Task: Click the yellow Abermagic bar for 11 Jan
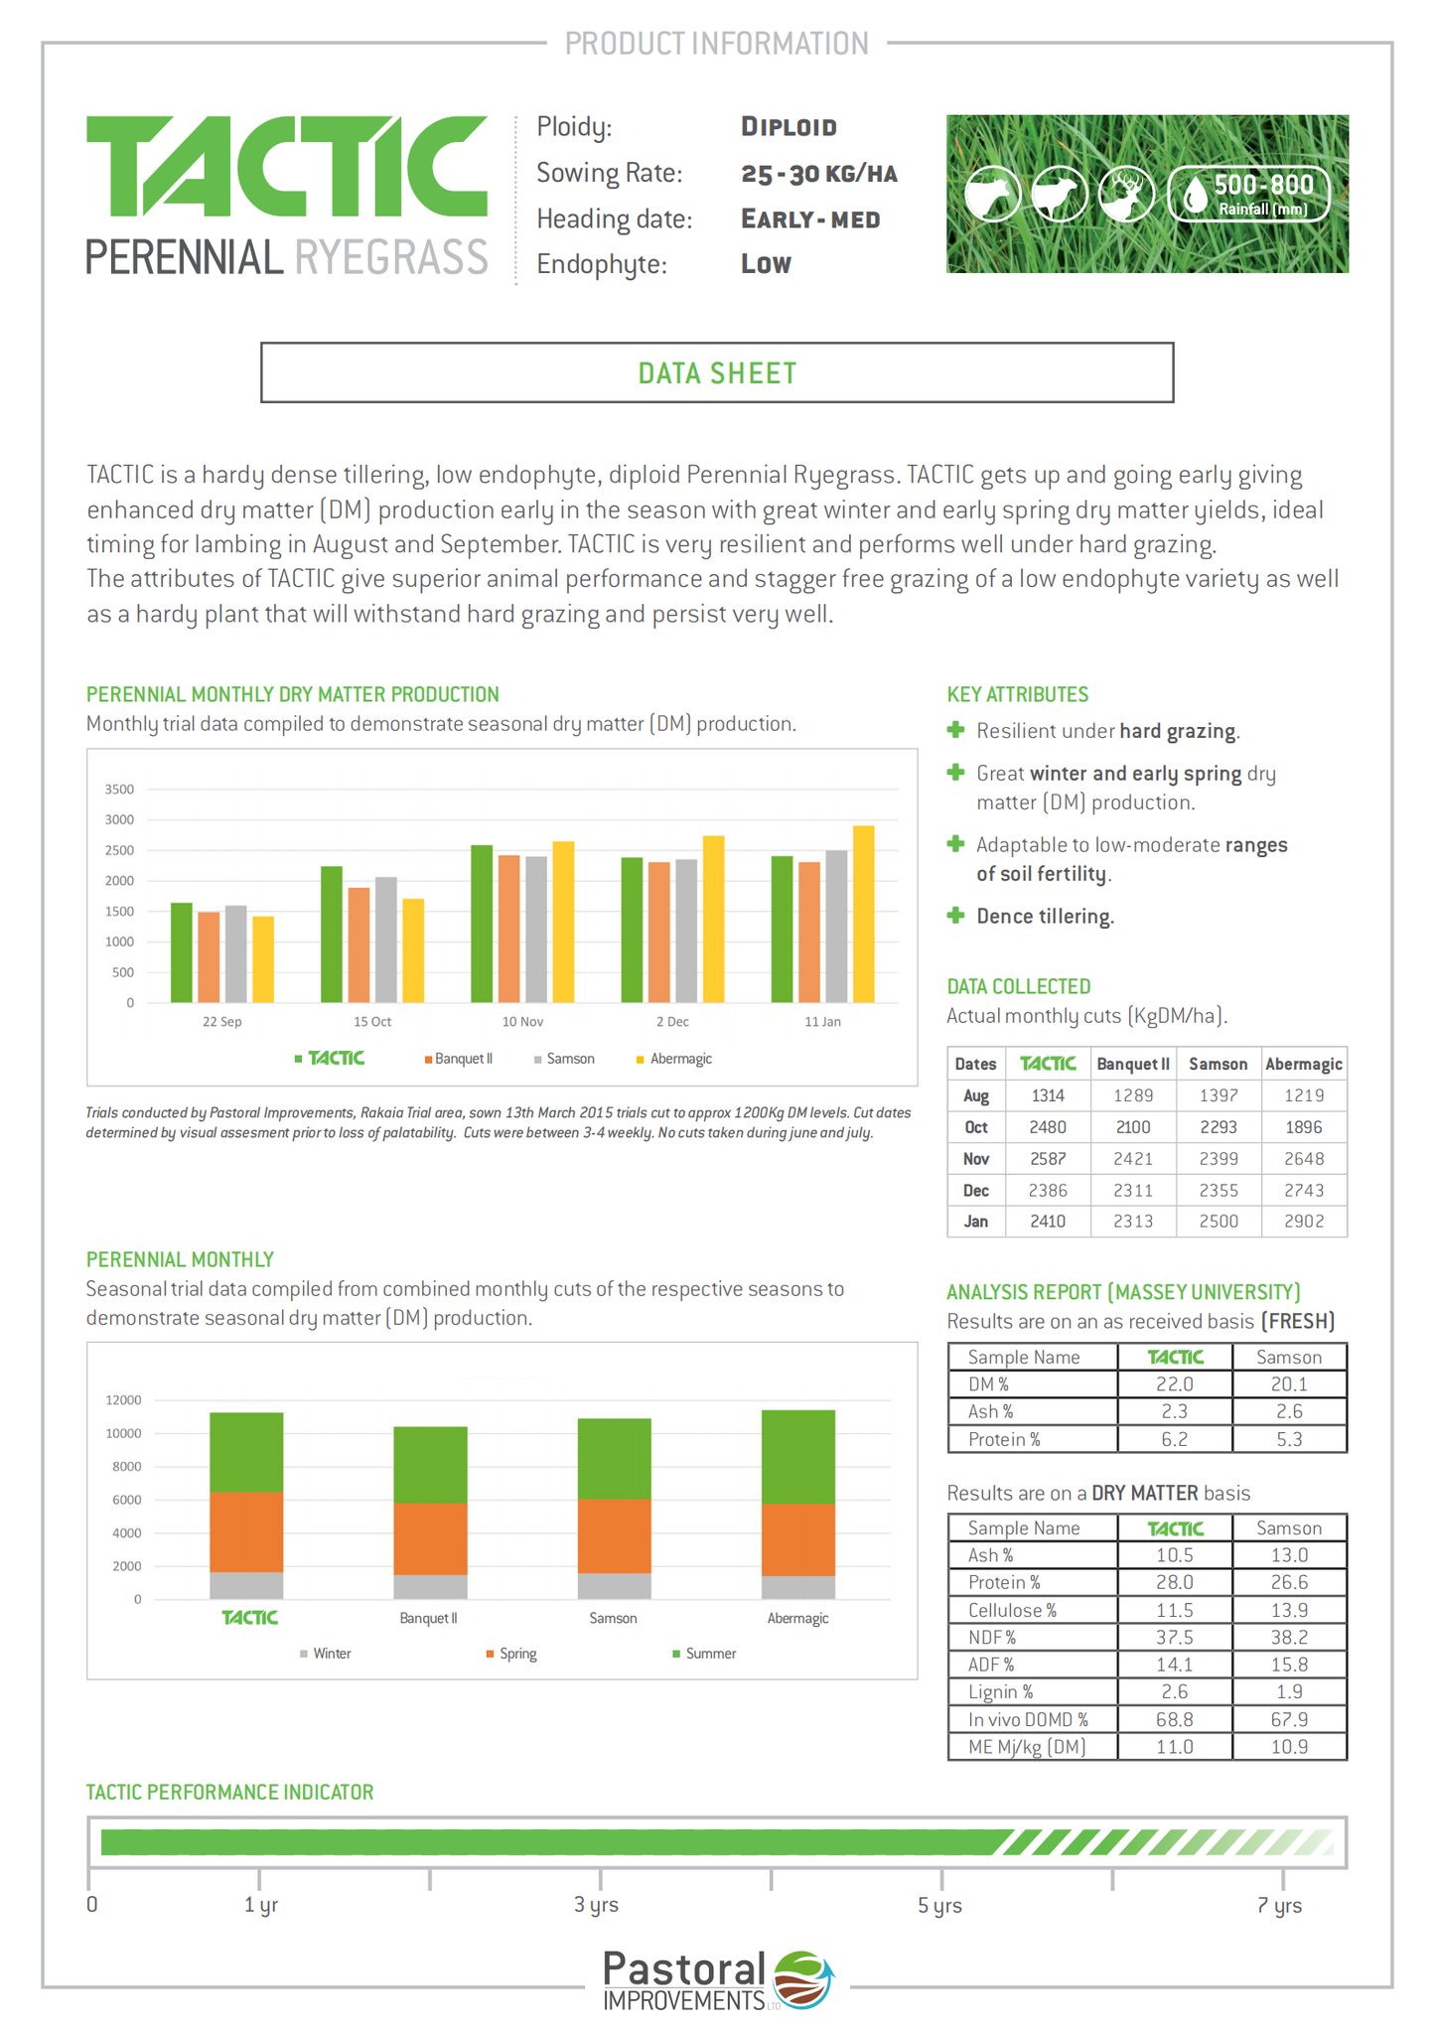[863, 914]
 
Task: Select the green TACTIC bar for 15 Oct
[332, 935]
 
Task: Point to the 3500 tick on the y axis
[119, 790]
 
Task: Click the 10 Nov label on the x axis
[522, 1021]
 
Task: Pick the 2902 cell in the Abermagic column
[1304, 1222]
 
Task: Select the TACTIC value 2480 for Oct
[1048, 1127]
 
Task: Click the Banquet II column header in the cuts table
[1133, 1064]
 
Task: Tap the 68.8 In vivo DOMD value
[1175, 1719]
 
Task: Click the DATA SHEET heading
[717, 373]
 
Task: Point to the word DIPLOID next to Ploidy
[789, 127]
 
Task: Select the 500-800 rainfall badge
[1249, 194]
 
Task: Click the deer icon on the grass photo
[1126, 194]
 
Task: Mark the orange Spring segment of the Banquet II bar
[430, 1538]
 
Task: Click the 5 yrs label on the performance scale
[939, 1905]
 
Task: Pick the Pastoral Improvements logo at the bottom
[717, 1980]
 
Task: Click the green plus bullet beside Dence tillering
[956, 916]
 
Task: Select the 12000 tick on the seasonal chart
[124, 1400]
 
